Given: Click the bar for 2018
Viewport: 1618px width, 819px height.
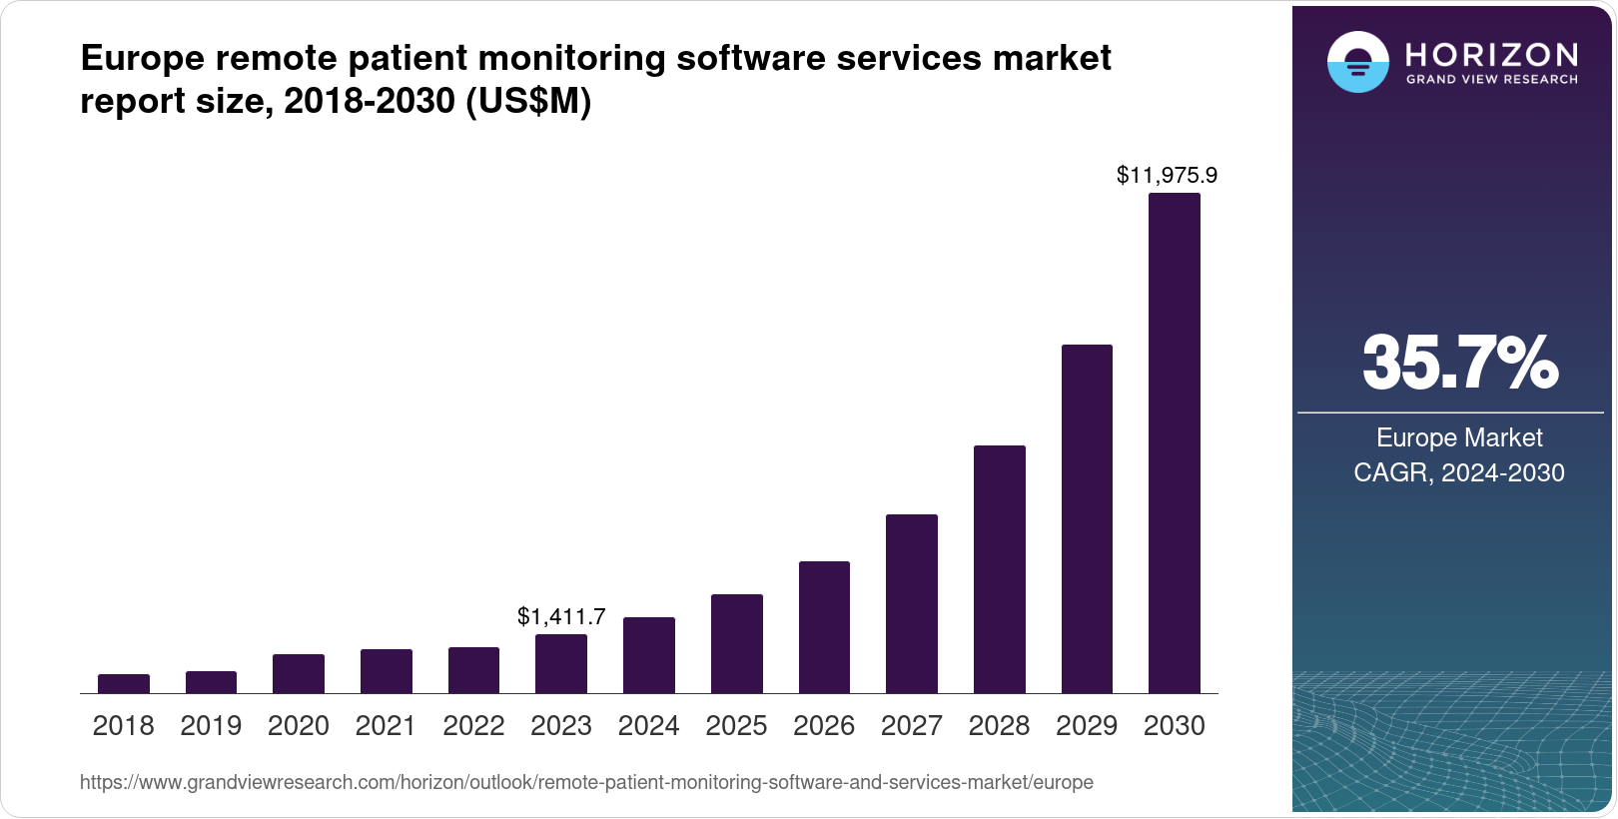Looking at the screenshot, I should (124, 684).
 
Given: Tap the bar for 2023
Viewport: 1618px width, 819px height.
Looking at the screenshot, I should (561, 664).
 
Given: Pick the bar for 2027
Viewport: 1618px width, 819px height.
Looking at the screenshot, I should (911, 604).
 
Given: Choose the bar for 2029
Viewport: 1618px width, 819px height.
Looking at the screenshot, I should (1087, 519).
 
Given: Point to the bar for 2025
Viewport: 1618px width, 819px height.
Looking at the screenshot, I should (736, 644).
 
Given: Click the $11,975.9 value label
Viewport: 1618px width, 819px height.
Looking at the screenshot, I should (1167, 176).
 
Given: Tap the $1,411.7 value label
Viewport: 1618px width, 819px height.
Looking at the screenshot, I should (561, 616).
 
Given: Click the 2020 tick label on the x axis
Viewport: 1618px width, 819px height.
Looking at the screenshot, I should (298, 726).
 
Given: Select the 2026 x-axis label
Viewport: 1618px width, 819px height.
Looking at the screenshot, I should (824, 726).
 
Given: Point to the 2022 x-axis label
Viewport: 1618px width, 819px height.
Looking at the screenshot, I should (473, 726).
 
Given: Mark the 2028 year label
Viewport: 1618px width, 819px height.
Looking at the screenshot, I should (999, 726).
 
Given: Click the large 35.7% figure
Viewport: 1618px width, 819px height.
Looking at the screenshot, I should (1459, 364).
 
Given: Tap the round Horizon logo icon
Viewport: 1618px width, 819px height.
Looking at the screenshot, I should (1357, 62).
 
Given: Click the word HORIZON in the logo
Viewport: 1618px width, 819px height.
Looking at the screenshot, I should (1492, 54).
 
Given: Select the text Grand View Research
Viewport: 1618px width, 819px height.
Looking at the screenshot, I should (1492, 80).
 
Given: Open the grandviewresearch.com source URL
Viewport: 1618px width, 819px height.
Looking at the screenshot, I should (586, 783).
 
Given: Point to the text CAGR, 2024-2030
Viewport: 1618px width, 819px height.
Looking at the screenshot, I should (1459, 473).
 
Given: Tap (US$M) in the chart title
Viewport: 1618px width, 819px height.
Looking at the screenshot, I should (528, 102).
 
